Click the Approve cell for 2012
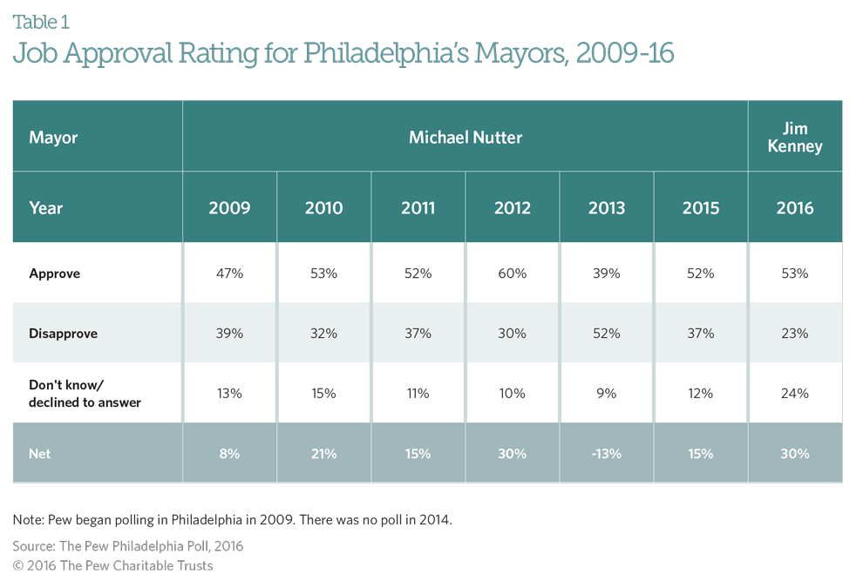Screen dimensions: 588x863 click(x=512, y=274)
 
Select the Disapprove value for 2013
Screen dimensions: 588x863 click(x=607, y=334)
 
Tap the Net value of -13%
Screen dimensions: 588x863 click(x=607, y=453)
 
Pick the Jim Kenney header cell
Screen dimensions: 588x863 click(x=795, y=138)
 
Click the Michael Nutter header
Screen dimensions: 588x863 click(x=465, y=138)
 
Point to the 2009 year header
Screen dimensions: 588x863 click(x=230, y=208)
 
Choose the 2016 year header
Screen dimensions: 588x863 click(x=795, y=208)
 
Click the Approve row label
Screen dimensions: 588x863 click(x=54, y=274)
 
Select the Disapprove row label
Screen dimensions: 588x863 click(x=63, y=334)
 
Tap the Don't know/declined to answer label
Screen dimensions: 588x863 click(x=85, y=394)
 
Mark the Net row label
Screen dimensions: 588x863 click(x=40, y=453)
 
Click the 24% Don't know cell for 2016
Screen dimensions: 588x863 click(x=795, y=394)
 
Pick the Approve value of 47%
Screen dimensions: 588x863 click(x=230, y=274)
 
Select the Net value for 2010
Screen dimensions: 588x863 click(x=324, y=453)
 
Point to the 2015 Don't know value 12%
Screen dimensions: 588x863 click(x=701, y=394)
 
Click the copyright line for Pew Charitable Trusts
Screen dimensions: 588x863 click(x=112, y=566)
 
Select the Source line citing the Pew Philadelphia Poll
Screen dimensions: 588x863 click(x=127, y=546)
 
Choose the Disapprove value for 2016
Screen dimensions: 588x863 click(x=795, y=334)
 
